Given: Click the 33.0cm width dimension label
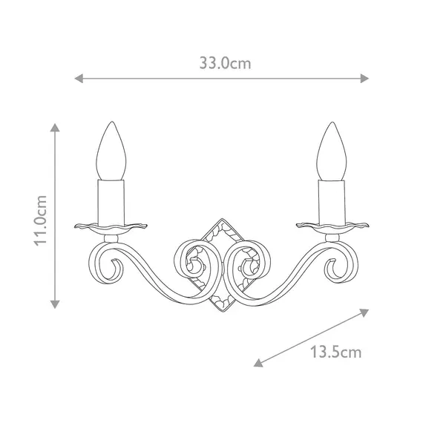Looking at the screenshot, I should (x=225, y=63).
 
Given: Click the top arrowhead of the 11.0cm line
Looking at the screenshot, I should (x=54, y=128).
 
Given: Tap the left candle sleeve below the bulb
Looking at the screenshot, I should (x=112, y=200).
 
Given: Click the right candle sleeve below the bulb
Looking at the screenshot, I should (x=331, y=200).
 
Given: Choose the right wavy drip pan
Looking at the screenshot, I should (x=332, y=224).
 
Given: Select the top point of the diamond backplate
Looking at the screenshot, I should (x=222, y=219).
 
